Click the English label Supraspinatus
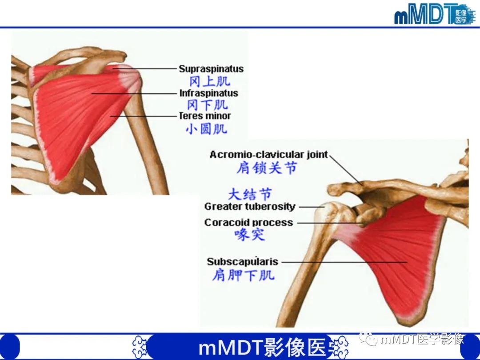click(x=211, y=69)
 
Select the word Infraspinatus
click(x=208, y=93)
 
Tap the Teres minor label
click(x=204, y=116)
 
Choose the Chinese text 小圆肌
click(x=206, y=129)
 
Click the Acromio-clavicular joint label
click(x=268, y=155)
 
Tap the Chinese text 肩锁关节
click(x=266, y=168)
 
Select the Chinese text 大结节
click(x=250, y=194)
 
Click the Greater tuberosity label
click(x=250, y=207)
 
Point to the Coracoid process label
click(x=248, y=222)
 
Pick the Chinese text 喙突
click(x=250, y=235)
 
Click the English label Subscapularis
click(x=242, y=262)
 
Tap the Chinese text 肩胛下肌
click(x=243, y=275)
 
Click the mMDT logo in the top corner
click(x=434, y=15)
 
